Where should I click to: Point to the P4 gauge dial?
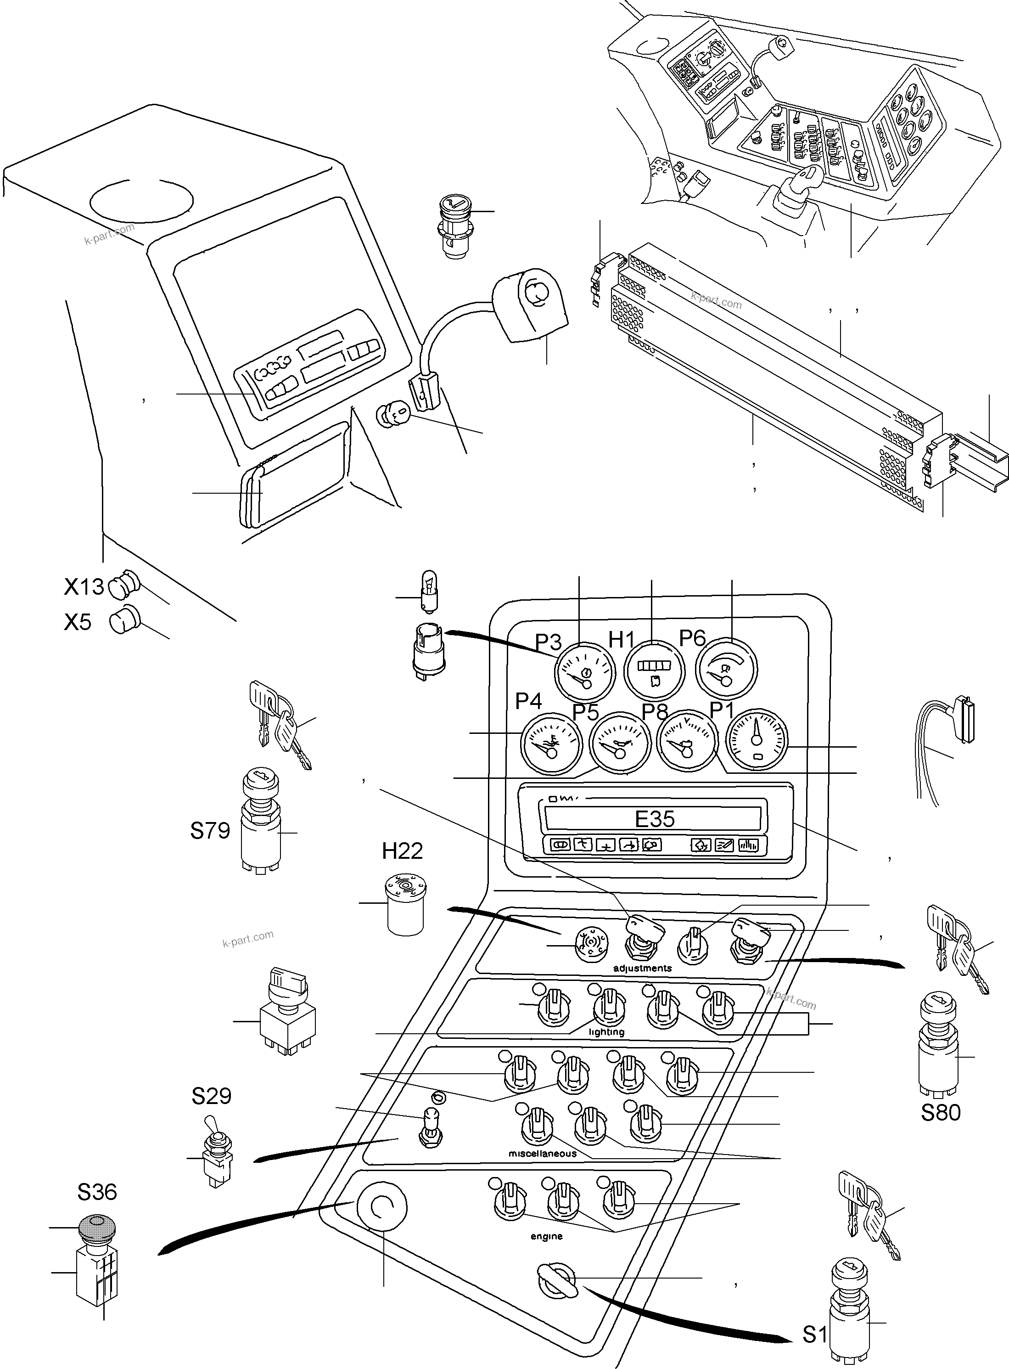pyautogui.click(x=551, y=744)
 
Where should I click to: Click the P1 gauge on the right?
pyautogui.click(x=756, y=739)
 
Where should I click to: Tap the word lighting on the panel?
pyautogui.click(x=606, y=1032)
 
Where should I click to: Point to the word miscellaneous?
pyautogui.click(x=542, y=1153)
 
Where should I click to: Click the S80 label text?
pyautogui.click(x=941, y=1112)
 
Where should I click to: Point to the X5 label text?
pyautogui.click(x=78, y=622)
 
